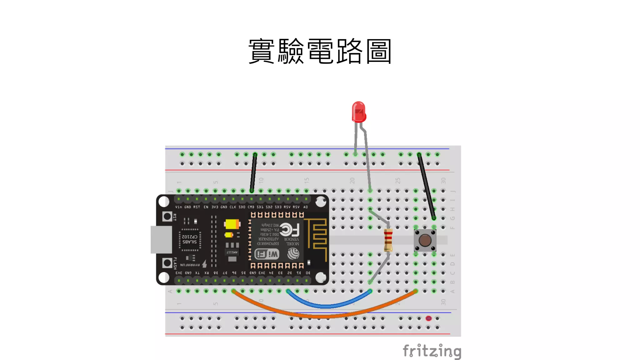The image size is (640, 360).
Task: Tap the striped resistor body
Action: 388,240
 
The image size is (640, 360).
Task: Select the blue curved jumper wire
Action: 327,306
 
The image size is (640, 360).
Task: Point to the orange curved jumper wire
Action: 322,316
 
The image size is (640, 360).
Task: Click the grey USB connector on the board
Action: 161,239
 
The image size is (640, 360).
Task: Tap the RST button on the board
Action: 167,216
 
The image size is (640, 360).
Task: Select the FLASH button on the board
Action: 167,263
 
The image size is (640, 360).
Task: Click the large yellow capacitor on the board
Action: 232,224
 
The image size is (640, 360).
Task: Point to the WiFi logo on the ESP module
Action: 267,254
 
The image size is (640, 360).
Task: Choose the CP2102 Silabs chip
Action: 190,239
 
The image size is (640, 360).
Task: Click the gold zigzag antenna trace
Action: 317,237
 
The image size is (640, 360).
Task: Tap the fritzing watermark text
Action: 432,351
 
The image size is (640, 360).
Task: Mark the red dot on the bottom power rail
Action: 428,318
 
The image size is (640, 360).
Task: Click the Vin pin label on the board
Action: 178,207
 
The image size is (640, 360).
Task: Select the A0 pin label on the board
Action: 306,207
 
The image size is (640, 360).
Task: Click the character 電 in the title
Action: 320,51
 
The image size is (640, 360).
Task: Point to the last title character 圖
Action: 378,51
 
